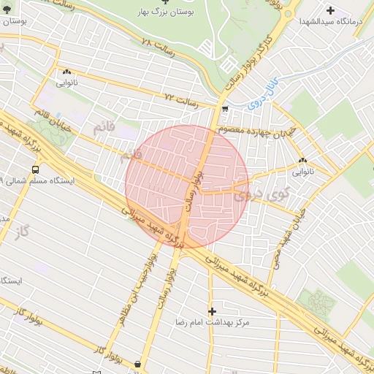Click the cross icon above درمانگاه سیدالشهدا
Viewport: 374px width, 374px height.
[x=332, y=10]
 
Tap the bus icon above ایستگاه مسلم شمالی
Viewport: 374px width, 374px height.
[x=35, y=169]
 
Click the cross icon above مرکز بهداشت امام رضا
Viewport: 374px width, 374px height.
[x=212, y=310]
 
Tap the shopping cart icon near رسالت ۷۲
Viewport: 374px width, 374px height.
[x=224, y=110]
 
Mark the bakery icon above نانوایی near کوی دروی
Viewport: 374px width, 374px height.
[x=302, y=161]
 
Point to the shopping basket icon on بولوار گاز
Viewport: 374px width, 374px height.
[x=138, y=363]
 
